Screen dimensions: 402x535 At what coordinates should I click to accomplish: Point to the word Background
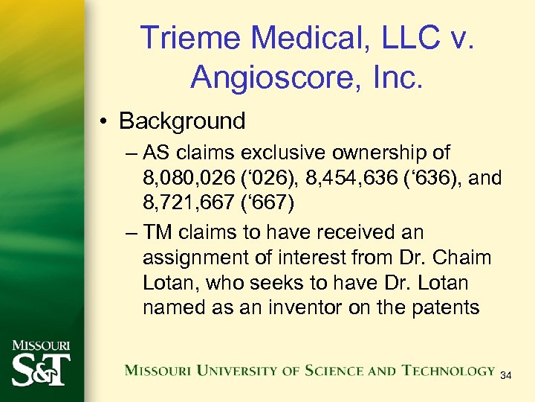point(182,121)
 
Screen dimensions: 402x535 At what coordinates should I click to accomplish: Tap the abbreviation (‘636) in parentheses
point(411,179)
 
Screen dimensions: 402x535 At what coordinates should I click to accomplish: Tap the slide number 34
point(506,375)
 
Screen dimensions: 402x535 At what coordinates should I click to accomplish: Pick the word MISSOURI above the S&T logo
point(41,346)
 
